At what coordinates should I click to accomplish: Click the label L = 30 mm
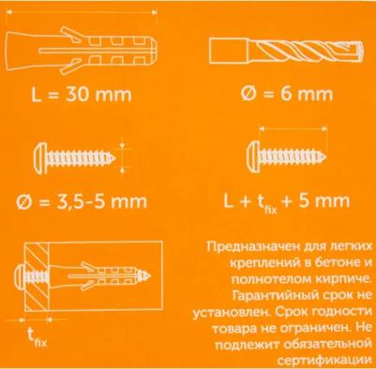point(82,95)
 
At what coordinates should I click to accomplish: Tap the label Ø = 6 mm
point(287,94)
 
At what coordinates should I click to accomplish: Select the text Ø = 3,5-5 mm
point(82,201)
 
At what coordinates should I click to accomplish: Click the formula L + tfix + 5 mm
point(287,201)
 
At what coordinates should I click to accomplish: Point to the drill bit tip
point(360,51)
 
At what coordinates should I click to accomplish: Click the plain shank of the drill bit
point(229,51)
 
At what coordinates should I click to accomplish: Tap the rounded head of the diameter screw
point(40,158)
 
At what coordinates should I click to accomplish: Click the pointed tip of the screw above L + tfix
point(325,156)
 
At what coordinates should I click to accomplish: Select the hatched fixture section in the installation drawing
point(37,276)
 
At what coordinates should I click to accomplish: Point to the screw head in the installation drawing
point(20,276)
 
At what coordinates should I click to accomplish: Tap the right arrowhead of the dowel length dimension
point(154,12)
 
